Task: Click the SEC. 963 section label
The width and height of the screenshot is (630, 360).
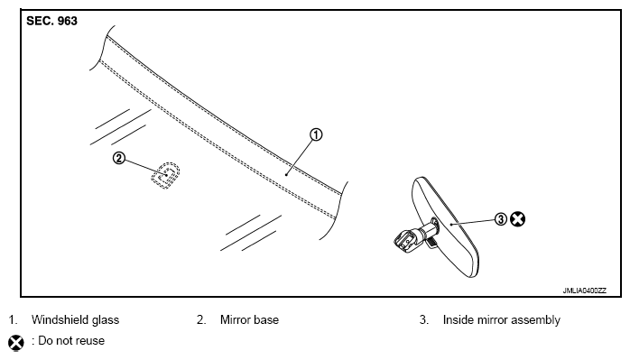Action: [x=51, y=21]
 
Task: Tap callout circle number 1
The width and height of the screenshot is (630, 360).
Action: [x=316, y=134]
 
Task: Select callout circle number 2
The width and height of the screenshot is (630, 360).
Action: [x=119, y=158]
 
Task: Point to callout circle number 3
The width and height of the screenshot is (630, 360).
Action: [x=501, y=219]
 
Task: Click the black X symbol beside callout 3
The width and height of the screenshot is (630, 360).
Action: [x=517, y=219]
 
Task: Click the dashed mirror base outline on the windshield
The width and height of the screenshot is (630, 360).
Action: [x=165, y=176]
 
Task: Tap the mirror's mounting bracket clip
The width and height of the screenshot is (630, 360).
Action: [x=407, y=240]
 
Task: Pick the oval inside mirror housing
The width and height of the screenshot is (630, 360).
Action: [x=445, y=227]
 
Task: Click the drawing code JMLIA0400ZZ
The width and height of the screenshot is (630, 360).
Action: [x=585, y=291]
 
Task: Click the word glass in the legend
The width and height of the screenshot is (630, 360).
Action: [x=106, y=320]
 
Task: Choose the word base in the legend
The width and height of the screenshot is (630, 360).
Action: [x=265, y=319]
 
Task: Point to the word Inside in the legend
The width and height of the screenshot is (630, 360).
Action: [x=458, y=319]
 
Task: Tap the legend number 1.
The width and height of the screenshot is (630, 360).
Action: [x=13, y=319]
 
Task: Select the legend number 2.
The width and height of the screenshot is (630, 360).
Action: [x=201, y=319]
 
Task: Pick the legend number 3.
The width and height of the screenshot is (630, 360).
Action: [x=424, y=319]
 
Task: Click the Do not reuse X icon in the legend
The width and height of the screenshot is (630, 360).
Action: [x=16, y=343]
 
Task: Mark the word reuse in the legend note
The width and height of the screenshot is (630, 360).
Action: [x=90, y=341]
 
